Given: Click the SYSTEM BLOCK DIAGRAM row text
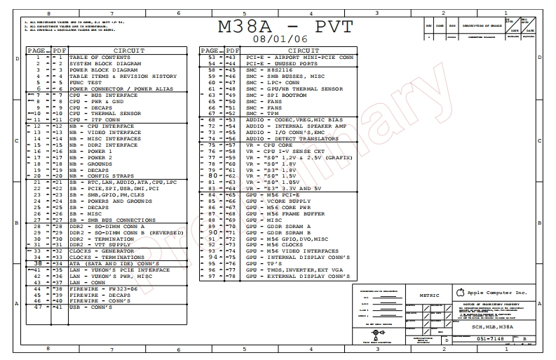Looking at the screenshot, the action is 104,64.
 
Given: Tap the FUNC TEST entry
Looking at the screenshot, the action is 87,82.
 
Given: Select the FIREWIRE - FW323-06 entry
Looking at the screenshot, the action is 103,288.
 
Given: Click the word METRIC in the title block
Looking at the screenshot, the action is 428,295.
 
